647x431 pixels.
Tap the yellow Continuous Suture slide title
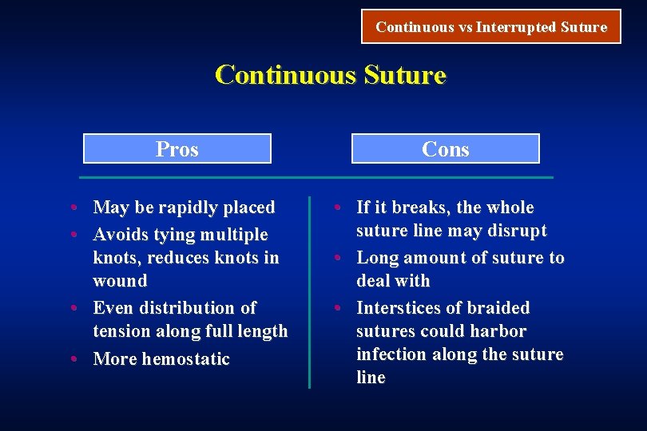point(330,75)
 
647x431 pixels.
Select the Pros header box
point(177,148)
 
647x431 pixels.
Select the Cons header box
point(445,148)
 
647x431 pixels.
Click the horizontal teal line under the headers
point(317,176)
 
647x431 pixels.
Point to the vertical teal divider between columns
point(309,291)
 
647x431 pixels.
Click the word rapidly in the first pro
point(189,208)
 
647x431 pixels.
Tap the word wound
point(120,281)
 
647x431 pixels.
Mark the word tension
point(124,331)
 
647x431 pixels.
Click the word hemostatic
point(185,359)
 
